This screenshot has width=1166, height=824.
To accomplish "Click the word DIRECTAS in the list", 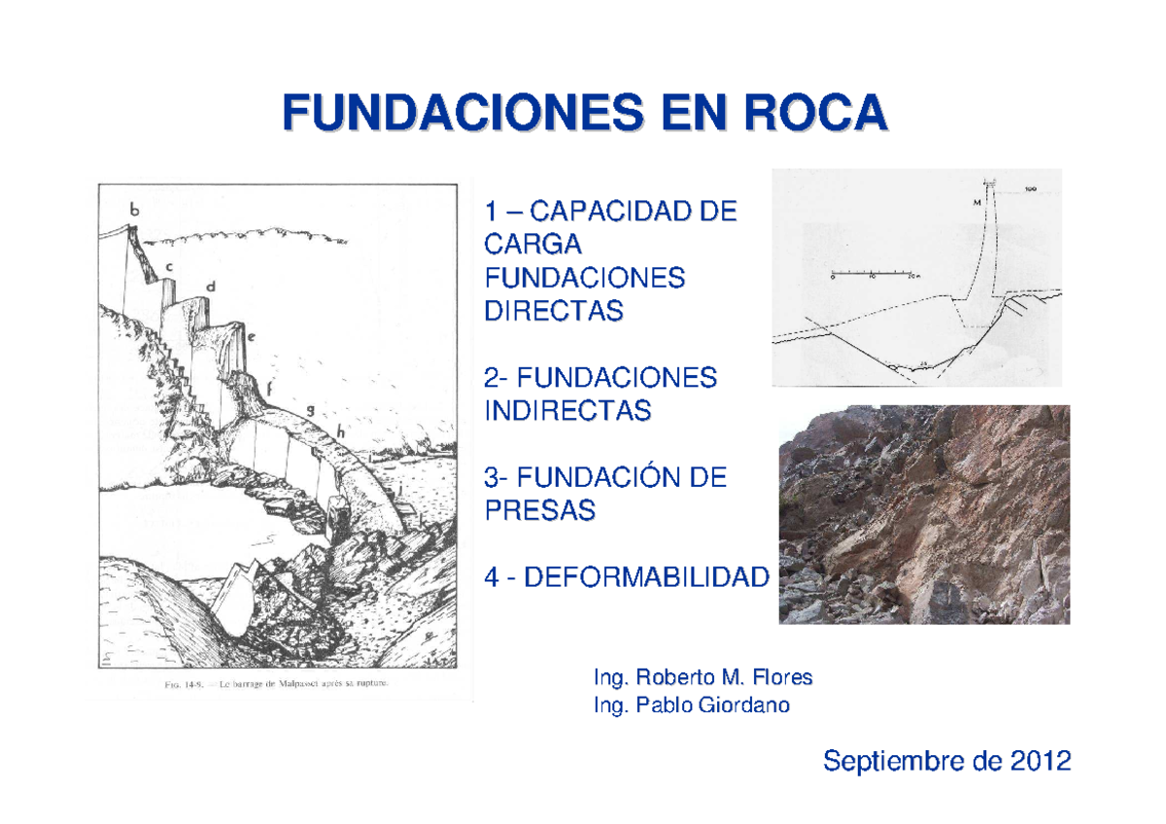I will [x=552, y=311].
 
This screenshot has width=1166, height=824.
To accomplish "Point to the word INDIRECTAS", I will [x=567, y=411].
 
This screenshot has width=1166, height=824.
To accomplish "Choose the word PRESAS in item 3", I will [x=538, y=511].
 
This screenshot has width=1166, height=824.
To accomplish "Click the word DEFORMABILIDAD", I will [x=645, y=578].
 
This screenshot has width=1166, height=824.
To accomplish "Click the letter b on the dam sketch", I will [x=134, y=207].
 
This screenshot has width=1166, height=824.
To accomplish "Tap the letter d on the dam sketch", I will [x=209, y=286].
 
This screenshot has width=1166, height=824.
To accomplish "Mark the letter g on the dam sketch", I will [x=309, y=410].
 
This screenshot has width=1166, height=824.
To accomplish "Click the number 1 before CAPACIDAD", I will [x=491, y=210].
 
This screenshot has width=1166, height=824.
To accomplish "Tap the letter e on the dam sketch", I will [x=251, y=338].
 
